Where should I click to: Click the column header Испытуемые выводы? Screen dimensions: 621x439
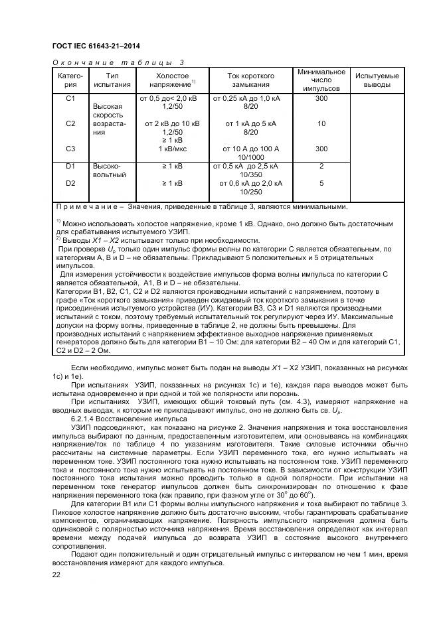377,80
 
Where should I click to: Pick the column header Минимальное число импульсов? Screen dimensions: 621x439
321,80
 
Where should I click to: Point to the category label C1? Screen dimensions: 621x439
71,98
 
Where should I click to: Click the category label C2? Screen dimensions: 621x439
71,123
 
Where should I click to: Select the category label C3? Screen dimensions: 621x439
71,149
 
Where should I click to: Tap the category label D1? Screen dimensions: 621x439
71,166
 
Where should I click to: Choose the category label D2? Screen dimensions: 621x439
71,182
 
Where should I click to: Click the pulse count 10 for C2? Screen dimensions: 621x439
321,123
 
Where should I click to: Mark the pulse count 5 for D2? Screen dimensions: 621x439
321,182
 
